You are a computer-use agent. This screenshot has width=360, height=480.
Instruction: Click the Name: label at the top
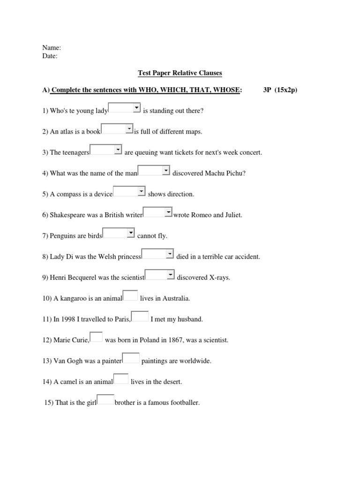pos(52,48)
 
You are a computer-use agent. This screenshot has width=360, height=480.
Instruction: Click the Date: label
pos(50,56)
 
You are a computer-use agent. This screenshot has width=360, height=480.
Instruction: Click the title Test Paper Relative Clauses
pos(180,73)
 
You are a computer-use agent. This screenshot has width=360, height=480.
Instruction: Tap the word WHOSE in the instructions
pos(226,90)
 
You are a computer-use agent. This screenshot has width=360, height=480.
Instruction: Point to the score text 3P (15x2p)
pos(280,90)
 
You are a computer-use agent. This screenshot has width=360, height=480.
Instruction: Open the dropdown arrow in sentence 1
pos(136,108)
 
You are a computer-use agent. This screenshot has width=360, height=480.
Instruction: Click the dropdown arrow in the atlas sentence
pos(129,128)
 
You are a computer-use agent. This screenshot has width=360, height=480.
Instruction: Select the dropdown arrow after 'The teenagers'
pos(118,150)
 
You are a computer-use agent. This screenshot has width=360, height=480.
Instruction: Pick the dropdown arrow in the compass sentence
pos(141,191)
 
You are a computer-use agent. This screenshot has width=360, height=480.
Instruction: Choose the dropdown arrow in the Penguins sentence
pos(131,233)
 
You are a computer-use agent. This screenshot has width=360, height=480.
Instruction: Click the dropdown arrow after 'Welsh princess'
pos(170,254)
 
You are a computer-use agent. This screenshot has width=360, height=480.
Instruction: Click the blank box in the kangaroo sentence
pos(130,295)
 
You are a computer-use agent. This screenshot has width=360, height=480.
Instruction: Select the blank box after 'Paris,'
pos(140,316)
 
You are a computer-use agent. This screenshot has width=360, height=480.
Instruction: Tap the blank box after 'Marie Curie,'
pos(96,337)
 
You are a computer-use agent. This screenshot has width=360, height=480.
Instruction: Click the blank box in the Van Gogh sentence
pos(131,358)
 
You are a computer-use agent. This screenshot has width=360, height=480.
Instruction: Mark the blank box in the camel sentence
pos(121,379)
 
